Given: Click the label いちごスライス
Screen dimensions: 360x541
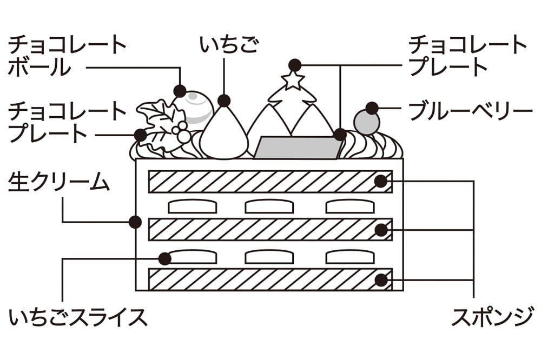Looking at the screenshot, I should [78, 317].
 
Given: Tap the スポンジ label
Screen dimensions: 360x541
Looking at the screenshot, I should [492, 317].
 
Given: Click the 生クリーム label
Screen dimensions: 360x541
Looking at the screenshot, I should [59, 182].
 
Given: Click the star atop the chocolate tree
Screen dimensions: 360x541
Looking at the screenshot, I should [293, 81].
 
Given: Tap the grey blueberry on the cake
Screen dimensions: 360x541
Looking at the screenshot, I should [366, 123].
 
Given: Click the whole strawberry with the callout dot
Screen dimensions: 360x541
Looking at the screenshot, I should [223, 133].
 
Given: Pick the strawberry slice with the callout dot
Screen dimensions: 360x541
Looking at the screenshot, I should [189, 257].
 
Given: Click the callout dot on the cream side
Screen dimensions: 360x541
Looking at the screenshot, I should [135, 222].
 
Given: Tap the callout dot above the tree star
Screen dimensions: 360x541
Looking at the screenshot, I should [294, 65].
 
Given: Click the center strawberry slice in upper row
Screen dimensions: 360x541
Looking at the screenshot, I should [269, 206].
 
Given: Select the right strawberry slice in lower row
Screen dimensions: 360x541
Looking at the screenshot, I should [350, 257].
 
